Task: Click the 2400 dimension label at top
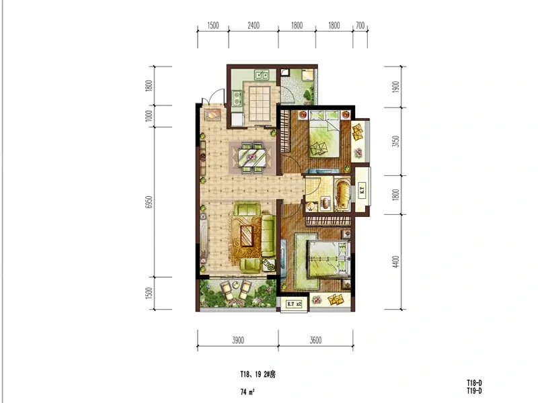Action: tap(254, 26)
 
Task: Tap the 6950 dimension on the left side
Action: tap(149, 202)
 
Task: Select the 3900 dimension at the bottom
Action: tap(238, 340)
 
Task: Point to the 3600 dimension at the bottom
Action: tap(315, 340)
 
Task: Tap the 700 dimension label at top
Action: tap(360, 26)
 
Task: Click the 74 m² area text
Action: tap(247, 392)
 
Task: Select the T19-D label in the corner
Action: tap(474, 391)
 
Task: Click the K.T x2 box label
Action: tap(294, 304)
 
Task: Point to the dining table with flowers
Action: tap(254, 157)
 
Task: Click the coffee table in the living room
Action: tap(247, 236)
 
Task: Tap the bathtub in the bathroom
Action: tap(343, 194)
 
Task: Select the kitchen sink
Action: tap(262, 75)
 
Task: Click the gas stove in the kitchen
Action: tap(236, 97)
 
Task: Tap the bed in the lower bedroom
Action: tap(328, 259)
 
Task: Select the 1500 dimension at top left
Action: tap(213, 26)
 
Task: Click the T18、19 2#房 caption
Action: tap(258, 375)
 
